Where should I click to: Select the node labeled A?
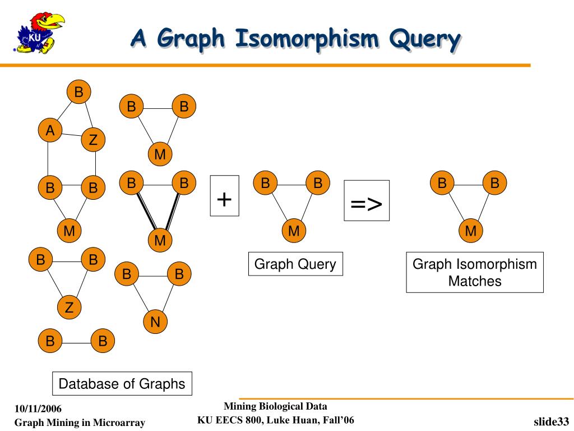(x=50, y=131)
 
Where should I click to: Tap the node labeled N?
(x=155, y=322)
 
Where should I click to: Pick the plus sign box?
(x=224, y=195)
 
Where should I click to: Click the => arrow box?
(x=366, y=200)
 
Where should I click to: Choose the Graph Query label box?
(x=295, y=264)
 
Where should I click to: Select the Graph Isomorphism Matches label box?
(x=475, y=272)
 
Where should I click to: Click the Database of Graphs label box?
(x=122, y=384)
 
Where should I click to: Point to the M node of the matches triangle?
(x=470, y=231)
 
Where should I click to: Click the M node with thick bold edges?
(x=160, y=241)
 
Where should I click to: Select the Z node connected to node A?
(x=93, y=140)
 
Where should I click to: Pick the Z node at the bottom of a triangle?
(x=69, y=308)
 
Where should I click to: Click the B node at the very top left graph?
(x=78, y=92)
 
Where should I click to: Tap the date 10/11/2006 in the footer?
(x=38, y=408)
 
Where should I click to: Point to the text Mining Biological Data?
(x=275, y=406)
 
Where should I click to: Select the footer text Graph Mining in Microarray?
(x=80, y=423)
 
